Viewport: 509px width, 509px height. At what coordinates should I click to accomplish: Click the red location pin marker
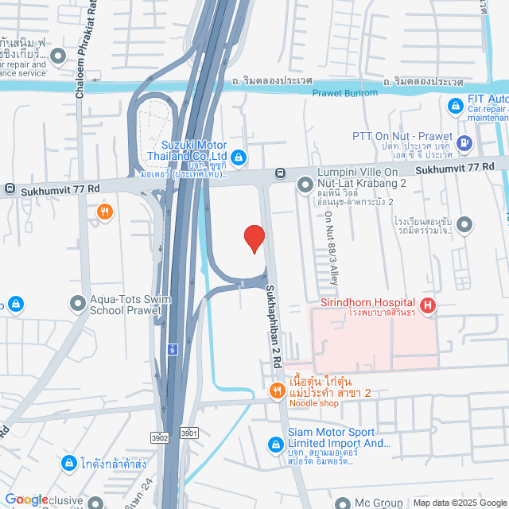(253, 239)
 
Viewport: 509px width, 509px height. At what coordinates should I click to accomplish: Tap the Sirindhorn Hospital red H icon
(428, 305)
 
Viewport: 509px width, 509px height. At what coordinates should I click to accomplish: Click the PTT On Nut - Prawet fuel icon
(465, 144)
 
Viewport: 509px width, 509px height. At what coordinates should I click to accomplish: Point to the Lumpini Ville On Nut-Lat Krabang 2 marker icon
(305, 185)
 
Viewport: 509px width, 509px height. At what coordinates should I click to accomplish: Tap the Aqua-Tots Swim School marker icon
(78, 303)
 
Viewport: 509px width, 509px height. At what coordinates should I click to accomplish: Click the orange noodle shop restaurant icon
(277, 390)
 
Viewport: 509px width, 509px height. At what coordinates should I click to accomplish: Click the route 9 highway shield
(172, 348)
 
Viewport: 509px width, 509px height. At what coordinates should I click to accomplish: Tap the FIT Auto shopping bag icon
(455, 105)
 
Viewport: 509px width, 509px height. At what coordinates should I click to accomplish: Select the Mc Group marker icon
(343, 503)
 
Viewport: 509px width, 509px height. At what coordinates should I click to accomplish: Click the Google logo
(26, 499)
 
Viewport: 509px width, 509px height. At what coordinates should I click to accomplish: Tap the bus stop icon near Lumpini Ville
(280, 173)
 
